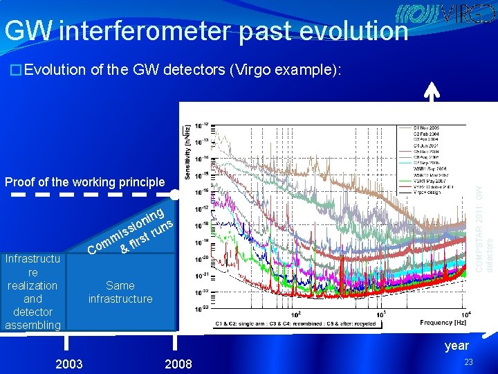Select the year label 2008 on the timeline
pos(178,364)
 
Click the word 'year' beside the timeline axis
pos(456,345)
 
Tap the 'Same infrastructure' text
pos(120,292)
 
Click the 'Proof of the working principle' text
pos(85,182)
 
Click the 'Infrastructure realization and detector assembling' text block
pos(33,292)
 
